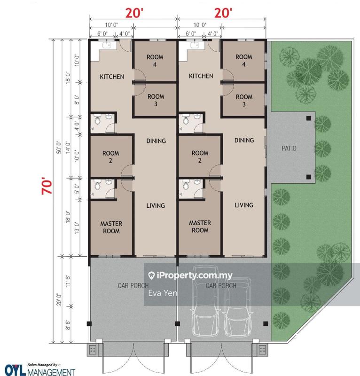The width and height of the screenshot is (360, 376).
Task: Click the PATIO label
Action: click(289, 148)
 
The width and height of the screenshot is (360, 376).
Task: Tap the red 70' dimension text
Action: click(47, 186)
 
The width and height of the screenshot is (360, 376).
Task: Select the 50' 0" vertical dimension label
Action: click(59, 148)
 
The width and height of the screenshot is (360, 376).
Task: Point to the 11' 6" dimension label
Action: click(68, 282)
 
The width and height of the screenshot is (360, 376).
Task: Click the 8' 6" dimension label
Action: click(68, 325)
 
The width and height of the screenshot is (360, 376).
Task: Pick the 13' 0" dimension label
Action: click(77, 228)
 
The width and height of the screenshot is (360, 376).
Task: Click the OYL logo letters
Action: click(15, 370)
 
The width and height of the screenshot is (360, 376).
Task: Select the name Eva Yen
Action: click(163, 293)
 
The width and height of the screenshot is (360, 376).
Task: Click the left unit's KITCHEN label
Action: click(112, 77)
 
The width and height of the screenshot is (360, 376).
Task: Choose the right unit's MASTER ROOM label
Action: click(200, 227)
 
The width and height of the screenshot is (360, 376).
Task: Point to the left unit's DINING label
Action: click(156, 141)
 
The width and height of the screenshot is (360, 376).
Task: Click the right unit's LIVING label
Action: click(244, 205)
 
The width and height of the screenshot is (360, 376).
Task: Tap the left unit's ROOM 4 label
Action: click(155, 61)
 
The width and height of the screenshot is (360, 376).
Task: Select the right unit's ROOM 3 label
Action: click(244, 101)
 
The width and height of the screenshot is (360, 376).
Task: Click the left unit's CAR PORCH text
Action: click(133, 286)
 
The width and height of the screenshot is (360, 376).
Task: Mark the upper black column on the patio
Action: click(309, 118)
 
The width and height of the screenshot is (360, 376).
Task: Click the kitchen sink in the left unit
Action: click(107, 45)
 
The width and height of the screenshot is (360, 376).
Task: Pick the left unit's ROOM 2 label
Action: click(110, 157)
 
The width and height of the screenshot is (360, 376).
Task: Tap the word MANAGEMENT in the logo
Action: click(51, 372)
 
